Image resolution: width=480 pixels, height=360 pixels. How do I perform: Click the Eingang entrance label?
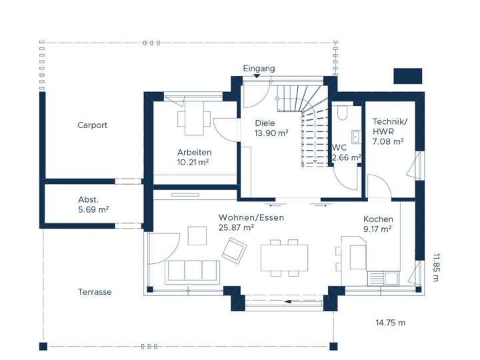pos(259,69)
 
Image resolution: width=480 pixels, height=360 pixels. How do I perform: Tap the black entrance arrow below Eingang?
pos(257,76)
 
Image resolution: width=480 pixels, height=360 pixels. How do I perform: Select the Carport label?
pos(92,125)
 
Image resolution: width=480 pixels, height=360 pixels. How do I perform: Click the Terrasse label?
pos(95,292)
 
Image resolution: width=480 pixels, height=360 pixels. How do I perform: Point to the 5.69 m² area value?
pos(93,210)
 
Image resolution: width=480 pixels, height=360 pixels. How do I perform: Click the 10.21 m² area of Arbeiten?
pos(193,162)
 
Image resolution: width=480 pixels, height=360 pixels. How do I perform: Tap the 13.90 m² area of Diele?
pos(271,133)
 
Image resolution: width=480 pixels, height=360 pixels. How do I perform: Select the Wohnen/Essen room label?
pos(251,217)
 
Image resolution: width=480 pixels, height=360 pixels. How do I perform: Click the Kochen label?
pos(378,219)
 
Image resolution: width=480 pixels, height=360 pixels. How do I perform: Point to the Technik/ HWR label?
pos(390,127)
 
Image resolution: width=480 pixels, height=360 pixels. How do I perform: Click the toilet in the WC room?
pos(342,113)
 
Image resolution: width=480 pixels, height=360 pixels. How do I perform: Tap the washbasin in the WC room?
pos(355,137)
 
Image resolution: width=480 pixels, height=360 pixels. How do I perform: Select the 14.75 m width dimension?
pos(391,323)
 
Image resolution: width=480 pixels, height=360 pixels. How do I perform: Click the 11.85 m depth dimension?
pos(436,267)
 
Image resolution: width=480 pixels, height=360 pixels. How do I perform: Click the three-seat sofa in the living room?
pos(193,272)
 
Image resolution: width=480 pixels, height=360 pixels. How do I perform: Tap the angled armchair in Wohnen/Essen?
pos(234,250)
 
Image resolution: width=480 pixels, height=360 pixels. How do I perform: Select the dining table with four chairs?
pos(285,258)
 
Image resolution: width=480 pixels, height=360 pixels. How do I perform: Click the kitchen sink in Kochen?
pos(383,278)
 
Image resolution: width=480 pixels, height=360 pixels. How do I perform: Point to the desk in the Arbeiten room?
pos(194,119)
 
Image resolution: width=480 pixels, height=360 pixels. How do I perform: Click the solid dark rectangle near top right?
pos(408,76)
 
